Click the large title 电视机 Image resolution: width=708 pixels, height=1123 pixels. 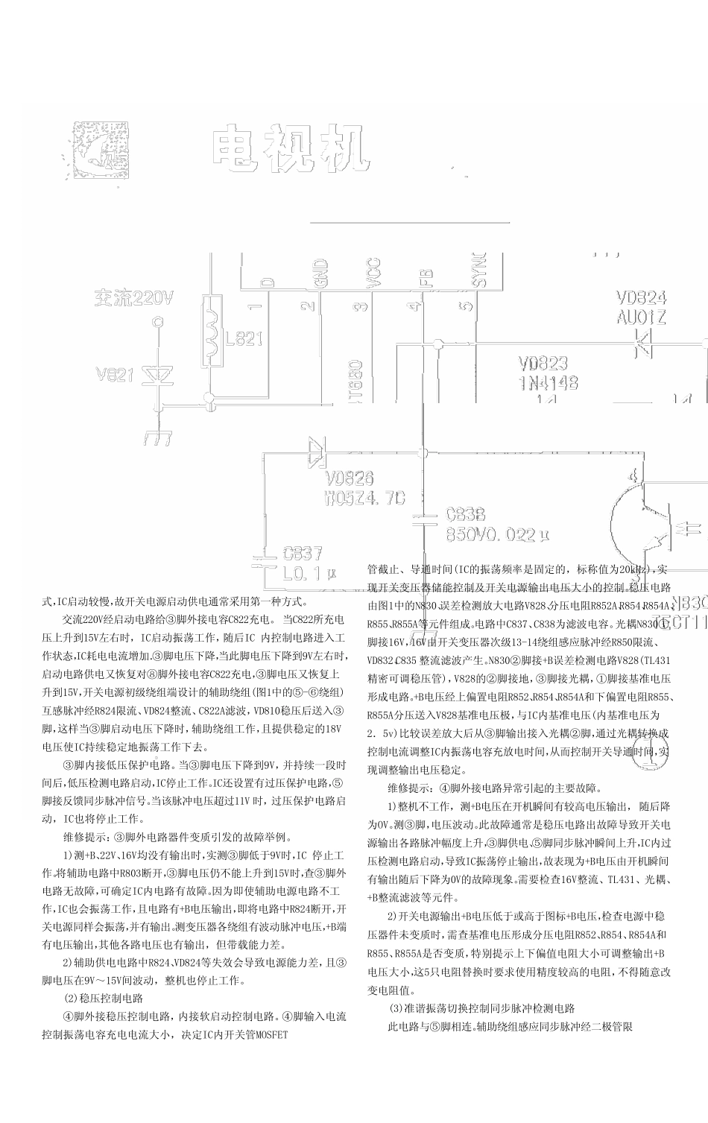291,150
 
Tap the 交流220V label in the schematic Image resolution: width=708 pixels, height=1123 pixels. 133,299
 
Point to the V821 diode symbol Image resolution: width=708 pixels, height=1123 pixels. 158,374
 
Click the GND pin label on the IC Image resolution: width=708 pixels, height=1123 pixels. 320,271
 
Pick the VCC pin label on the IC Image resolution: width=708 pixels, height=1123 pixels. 373,271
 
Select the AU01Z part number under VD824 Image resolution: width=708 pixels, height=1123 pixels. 641,317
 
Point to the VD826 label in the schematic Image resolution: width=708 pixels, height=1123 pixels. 349,478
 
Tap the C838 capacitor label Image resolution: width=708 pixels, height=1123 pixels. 465,514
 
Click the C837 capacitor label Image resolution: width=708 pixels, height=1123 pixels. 303,554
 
